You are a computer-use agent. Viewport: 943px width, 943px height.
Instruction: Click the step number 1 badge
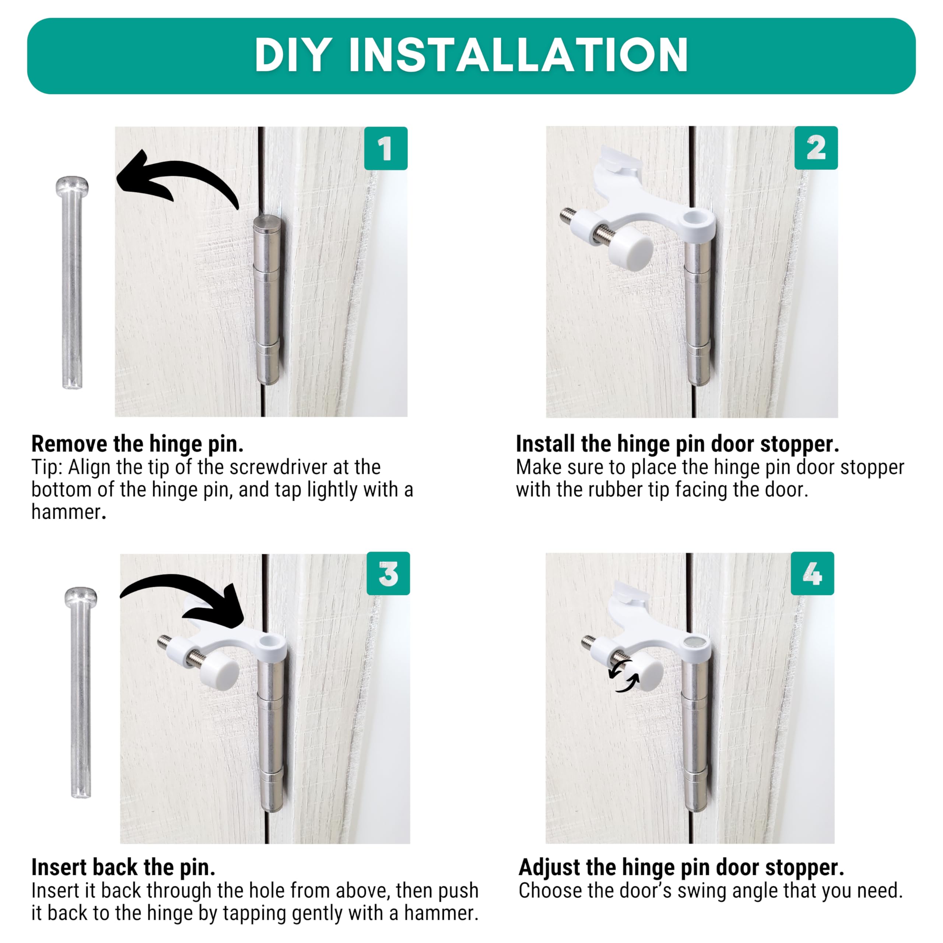tap(386, 148)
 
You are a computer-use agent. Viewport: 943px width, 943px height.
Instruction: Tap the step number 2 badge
tap(816, 148)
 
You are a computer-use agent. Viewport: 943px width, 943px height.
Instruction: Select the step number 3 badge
tap(388, 574)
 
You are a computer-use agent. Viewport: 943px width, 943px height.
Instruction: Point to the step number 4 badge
tap(812, 574)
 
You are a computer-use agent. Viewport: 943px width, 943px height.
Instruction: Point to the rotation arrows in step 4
tap(624, 676)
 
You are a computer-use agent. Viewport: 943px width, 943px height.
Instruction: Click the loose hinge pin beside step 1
tap(72, 283)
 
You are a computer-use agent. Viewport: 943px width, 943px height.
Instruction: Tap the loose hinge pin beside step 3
tap(81, 693)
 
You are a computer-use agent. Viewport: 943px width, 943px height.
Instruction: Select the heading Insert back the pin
tap(123, 867)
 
